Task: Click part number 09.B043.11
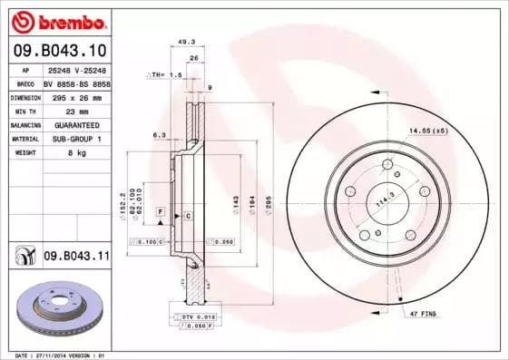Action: [x=76, y=258]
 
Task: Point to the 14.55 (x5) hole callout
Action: [x=427, y=131]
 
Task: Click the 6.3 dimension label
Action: [x=160, y=134]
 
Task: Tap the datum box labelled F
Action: [x=160, y=211]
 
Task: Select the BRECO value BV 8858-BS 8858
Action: [x=75, y=83]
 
